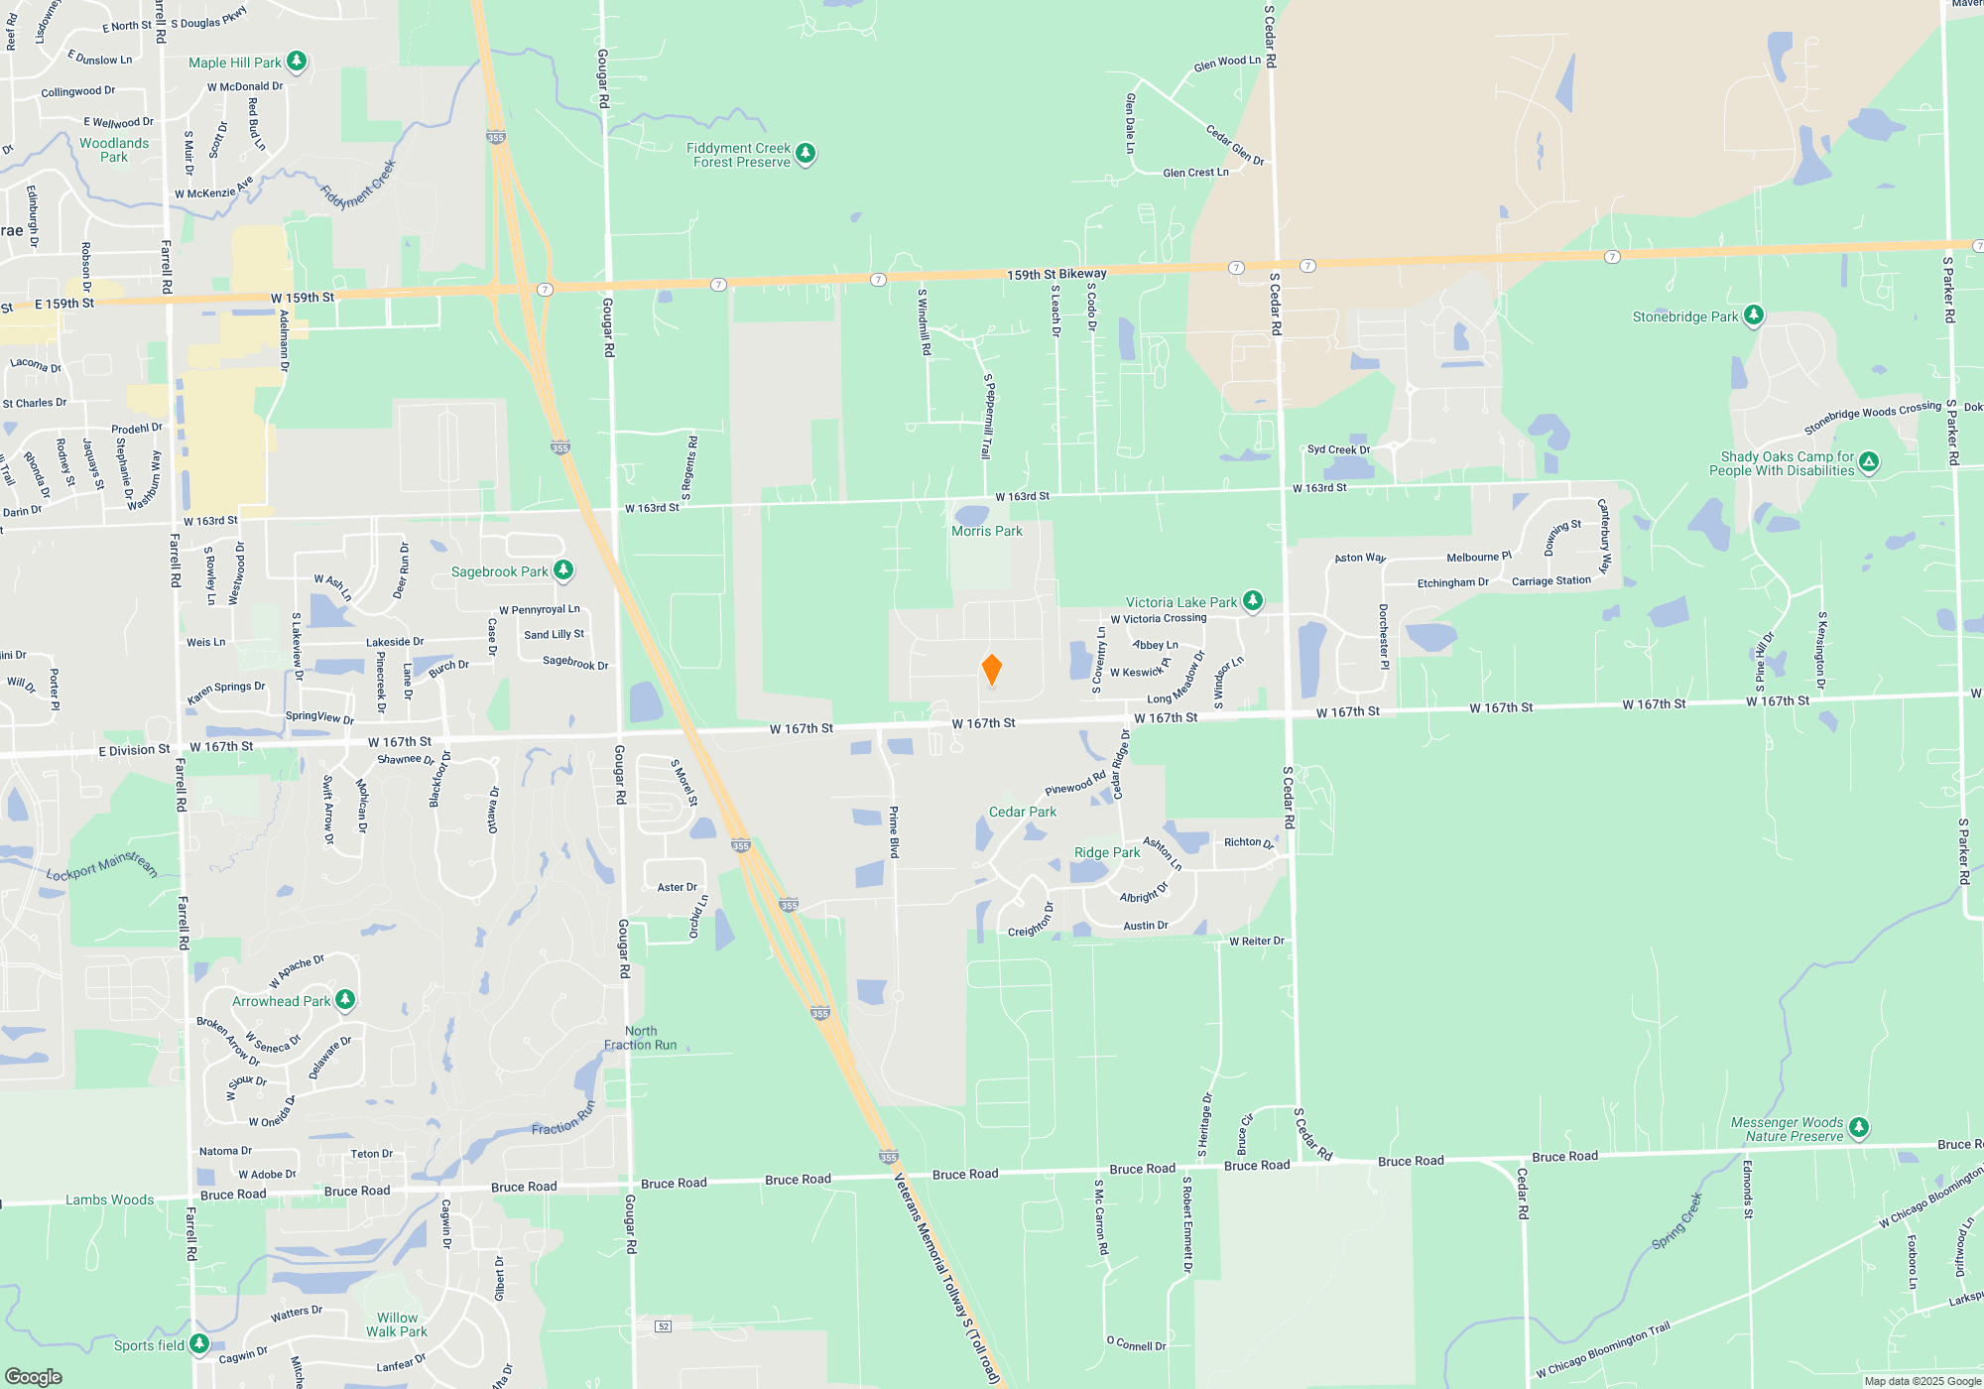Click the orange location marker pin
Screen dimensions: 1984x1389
pyautogui.click(x=991, y=670)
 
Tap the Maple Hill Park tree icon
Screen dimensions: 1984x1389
pyautogui.click(x=297, y=62)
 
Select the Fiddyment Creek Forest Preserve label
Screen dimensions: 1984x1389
pyautogui.click(x=741, y=156)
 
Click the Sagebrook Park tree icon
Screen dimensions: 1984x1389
pyautogui.click(x=563, y=569)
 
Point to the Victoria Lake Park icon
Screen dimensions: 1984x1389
pyautogui.click(x=1253, y=600)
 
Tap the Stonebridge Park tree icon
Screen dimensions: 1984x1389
pyautogui.click(x=1754, y=316)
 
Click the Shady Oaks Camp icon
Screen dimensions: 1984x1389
pyautogui.click(x=1869, y=461)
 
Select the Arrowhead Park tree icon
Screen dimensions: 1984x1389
pyautogui.click(x=345, y=999)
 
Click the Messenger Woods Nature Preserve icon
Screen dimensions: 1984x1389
pyautogui.click(x=1859, y=1127)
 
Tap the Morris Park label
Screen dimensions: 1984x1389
pyautogui.click(x=986, y=532)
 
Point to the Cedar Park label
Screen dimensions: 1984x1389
pyautogui.click(x=1022, y=813)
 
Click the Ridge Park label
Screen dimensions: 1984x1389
pyautogui.click(x=1107, y=853)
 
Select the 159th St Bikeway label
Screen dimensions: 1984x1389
pyautogui.click(x=1056, y=274)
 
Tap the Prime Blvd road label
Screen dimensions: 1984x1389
pyautogui.click(x=894, y=832)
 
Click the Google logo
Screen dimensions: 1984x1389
pyautogui.click(x=34, y=1376)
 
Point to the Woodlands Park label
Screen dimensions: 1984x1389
pyautogui.click(x=114, y=150)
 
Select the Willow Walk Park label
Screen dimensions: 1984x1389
pyautogui.click(x=397, y=1326)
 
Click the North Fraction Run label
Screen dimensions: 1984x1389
pyautogui.click(x=641, y=1038)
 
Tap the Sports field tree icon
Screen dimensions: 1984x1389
pyautogui.click(x=199, y=1343)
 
